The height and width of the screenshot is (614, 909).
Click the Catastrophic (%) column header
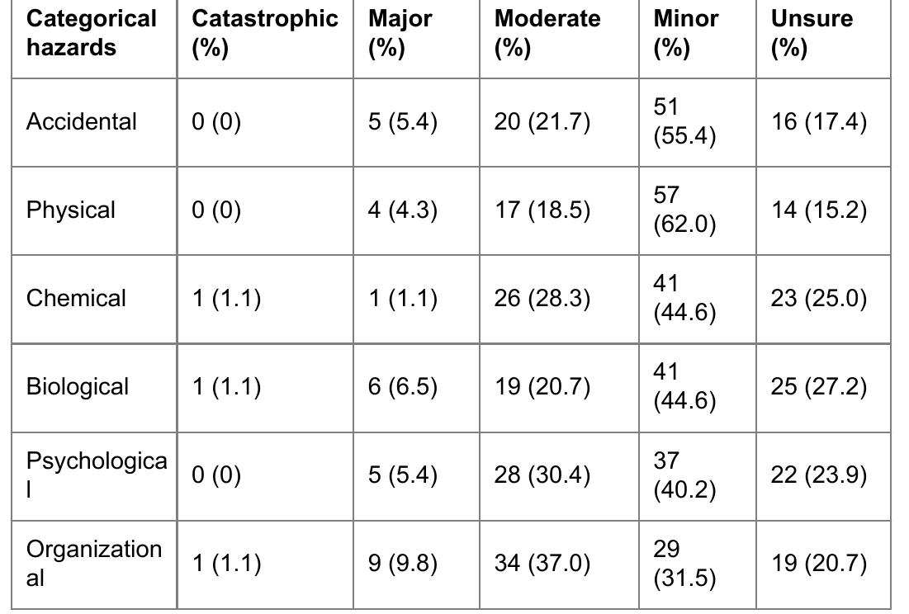point(264,34)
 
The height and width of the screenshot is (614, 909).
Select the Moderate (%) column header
point(547,34)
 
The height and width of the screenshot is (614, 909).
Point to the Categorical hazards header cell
point(92,34)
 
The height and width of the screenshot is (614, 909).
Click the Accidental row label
point(81,122)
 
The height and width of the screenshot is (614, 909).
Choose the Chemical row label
point(76,299)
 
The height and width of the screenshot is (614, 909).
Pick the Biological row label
point(78,387)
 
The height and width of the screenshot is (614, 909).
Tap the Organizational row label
point(93,564)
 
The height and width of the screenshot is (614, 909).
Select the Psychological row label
point(96,475)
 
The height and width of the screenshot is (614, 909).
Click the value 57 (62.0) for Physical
point(684,210)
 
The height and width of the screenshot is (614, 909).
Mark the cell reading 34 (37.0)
point(542,564)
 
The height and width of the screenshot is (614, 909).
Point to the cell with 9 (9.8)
point(403,564)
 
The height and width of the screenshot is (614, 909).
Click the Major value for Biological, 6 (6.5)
point(403,387)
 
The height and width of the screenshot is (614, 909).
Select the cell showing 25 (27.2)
point(818,387)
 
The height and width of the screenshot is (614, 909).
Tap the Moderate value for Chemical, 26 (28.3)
point(542,299)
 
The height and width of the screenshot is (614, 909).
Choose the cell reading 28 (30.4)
point(542,475)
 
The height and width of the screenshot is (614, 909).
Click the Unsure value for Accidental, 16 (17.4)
point(818,122)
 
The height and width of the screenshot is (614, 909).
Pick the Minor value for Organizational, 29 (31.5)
point(684,564)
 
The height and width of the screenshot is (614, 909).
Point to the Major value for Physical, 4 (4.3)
point(403,210)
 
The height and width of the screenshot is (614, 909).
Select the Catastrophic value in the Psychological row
point(216,475)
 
